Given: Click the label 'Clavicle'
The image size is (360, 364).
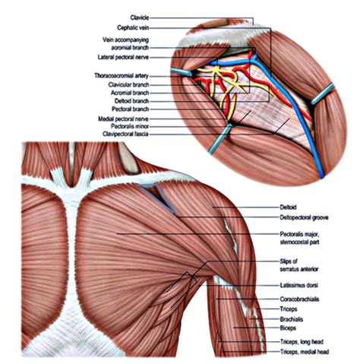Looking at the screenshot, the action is click(140, 17).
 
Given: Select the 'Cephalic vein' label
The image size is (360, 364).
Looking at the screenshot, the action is click(133, 27).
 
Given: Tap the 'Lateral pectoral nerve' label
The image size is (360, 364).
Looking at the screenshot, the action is click(123, 57).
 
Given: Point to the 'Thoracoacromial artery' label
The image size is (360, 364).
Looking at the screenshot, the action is click(122, 76).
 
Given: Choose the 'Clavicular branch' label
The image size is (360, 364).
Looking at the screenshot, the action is click(128, 84).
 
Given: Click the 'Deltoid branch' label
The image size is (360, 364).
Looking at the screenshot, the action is click(131, 101).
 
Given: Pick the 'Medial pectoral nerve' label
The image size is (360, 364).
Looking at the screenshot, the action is click(123, 119).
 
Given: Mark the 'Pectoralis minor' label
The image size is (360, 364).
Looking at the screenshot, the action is click(130, 126).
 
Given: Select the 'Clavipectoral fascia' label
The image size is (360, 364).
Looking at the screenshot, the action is click(125, 134).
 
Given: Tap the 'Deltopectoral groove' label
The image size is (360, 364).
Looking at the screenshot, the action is click(304, 217).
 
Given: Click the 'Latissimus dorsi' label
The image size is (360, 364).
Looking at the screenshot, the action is click(298, 285).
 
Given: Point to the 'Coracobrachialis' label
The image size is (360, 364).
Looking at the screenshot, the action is click(299, 299).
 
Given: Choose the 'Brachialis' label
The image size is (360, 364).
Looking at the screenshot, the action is click(292, 319).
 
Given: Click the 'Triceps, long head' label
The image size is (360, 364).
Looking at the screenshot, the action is click(302, 342).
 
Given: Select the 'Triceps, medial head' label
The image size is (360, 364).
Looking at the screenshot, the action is click(305, 352).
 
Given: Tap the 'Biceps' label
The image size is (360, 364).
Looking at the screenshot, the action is click(288, 328).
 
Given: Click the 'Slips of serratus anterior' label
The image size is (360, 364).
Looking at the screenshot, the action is click(298, 265).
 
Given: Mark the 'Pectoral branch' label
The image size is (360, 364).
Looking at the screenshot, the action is click(131, 109).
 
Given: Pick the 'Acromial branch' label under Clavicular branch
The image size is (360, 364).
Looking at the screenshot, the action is click(130, 93).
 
